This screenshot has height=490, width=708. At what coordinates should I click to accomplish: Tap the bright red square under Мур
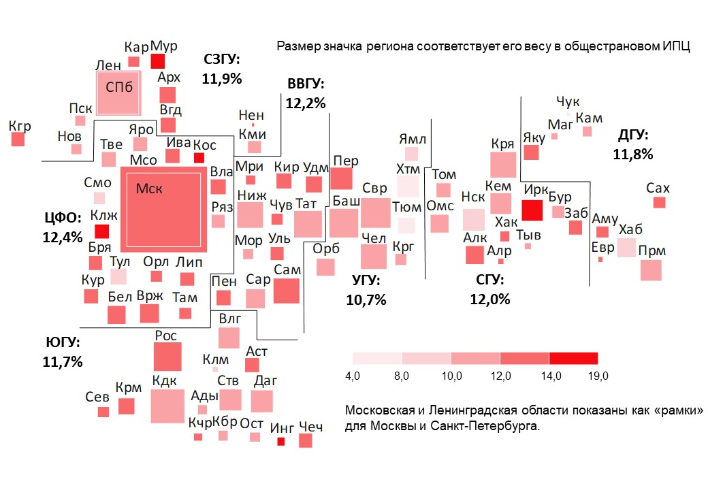click(x=158, y=61)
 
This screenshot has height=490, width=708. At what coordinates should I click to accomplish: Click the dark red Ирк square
click(x=532, y=210)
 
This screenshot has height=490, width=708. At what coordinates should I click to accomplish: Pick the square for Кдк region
click(x=167, y=406)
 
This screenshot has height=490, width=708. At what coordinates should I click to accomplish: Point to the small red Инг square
click(x=280, y=442)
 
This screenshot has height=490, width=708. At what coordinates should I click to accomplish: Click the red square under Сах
click(x=659, y=202)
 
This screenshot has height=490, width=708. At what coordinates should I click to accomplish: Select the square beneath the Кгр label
click(x=18, y=140)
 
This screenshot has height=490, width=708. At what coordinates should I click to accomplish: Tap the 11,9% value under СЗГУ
click(x=222, y=78)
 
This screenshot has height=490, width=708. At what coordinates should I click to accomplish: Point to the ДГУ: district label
click(x=633, y=134)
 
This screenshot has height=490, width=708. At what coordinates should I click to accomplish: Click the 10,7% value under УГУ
click(x=366, y=299)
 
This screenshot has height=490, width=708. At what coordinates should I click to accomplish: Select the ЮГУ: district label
click(x=63, y=342)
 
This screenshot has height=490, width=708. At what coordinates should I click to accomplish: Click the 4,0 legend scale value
click(x=353, y=376)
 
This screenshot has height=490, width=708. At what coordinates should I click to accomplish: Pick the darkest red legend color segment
click(x=573, y=358)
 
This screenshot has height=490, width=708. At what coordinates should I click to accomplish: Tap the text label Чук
click(x=568, y=102)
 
